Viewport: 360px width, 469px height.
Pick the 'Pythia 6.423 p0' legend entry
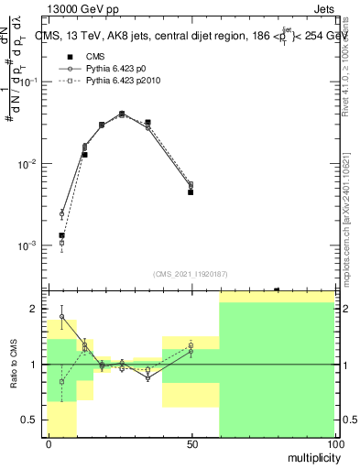(115, 69)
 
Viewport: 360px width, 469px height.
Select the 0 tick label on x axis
(49, 443)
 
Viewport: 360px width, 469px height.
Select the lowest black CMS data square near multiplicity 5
(61, 235)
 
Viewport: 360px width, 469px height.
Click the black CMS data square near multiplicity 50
(191, 192)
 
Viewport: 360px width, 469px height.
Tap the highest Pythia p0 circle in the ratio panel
(61, 317)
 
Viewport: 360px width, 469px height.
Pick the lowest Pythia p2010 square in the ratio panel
(61, 381)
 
